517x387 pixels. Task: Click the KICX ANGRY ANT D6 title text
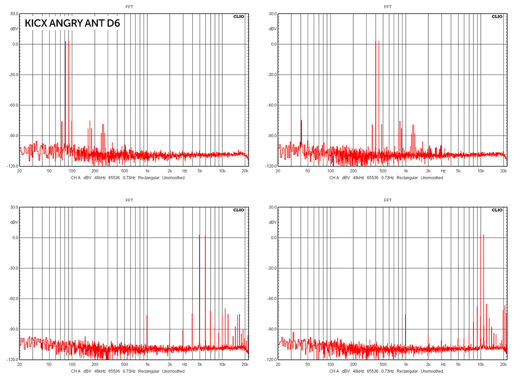point(72,23)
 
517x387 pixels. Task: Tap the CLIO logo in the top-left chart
point(238,16)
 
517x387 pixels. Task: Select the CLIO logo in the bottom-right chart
point(497,210)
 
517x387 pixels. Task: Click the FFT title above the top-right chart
point(387,7)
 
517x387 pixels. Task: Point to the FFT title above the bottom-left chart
point(129,200)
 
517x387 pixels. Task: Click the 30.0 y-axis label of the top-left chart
point(14,14)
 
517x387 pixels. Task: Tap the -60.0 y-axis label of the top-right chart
point(272,105)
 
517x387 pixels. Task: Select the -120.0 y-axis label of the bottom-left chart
point(13,359)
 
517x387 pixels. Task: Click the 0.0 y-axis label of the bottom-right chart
point(274,237)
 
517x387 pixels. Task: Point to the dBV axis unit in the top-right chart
point(273,29)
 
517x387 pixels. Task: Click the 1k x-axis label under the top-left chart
point(147,171)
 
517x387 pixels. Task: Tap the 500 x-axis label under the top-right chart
point(383,171)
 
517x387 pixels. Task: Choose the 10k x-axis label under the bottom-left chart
point(222,364)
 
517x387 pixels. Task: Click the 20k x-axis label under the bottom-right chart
point(503,364)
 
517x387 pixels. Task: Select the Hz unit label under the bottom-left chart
point(185,364)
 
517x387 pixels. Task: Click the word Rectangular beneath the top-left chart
point(149,178)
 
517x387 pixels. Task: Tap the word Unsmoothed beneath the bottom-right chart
point(432,371)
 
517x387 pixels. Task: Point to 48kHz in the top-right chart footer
point(358,178)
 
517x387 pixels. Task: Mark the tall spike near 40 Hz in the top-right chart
point(301,133)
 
